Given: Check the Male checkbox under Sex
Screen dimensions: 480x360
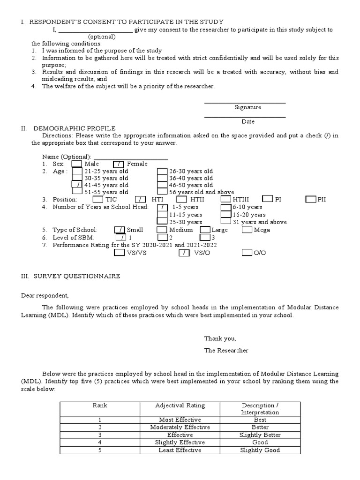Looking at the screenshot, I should (77, 164).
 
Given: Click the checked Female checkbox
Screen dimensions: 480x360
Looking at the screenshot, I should (119, 164).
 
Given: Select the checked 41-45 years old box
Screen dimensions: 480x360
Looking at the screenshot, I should (77, 185).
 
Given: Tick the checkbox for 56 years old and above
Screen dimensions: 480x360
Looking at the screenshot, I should (162, 192).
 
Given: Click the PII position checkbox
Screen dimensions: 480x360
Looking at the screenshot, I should (310, 199).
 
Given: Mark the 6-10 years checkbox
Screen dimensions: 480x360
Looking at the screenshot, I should (225, 207).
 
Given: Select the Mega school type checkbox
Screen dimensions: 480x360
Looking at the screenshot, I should (247, 230).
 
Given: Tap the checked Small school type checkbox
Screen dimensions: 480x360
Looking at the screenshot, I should (120, 230).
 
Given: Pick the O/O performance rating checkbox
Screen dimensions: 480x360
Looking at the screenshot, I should (247, 253).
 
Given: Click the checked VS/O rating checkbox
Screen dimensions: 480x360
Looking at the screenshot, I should (184, 253).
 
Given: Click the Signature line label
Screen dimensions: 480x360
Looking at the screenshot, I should (247, 107).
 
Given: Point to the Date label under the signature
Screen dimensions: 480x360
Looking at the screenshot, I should (248, 121).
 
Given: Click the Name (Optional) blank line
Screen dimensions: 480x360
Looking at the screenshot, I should (131, 157).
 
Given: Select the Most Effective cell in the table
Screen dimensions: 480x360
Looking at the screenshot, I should (180, 420).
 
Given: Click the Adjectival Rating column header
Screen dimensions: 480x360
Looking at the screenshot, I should (180, 405).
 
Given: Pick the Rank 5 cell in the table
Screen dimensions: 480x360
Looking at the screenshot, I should (100, 450).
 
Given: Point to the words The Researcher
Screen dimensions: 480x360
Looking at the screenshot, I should (226, 350).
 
